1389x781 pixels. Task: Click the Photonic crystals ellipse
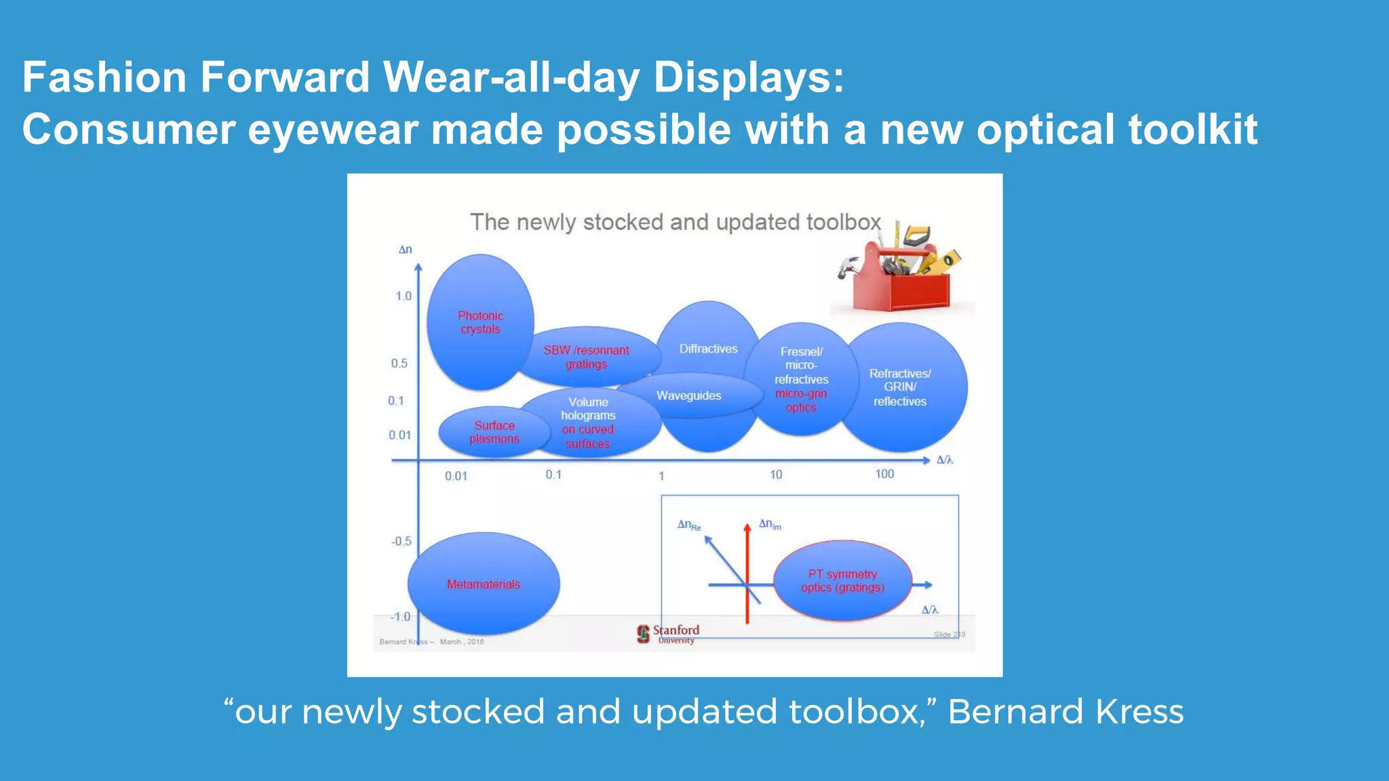pos(480,323)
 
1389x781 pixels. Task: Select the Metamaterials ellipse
pos(484,584)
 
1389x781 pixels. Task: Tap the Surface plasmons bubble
pos(494,433)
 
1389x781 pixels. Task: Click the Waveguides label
pos(688,396)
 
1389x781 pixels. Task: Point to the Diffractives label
pos(708,348)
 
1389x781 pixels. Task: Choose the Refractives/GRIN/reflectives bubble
pos(900,388)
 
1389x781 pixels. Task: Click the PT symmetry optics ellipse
pos(842,581)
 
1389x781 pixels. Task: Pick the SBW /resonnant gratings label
pos(586,357)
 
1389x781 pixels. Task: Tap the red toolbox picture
pos(900,271)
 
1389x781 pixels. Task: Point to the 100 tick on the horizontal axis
pos(884,475)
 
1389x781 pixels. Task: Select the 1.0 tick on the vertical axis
pos(404,296)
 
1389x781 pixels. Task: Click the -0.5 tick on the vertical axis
pos(401,541)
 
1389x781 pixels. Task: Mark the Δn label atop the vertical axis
pos(405,249)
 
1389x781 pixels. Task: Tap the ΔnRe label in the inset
pos(689,525)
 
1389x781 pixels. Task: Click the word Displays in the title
pos(749,77)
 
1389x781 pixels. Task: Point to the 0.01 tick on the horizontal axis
pos(456,476)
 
